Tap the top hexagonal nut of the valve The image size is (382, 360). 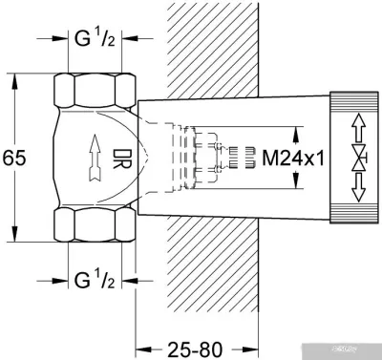(x=93, y=91)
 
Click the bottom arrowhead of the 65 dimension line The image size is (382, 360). (x=14, y=238)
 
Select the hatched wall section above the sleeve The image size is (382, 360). (x=205, y=48)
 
